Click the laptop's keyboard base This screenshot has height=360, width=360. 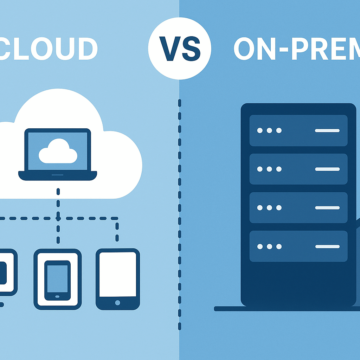(58, 175)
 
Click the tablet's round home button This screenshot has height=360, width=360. (117, 302)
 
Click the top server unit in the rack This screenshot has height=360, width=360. (298, 130)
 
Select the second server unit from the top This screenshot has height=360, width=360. (298, 169)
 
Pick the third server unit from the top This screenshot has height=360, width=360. (298, 208)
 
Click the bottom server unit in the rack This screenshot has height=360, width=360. (298, 246)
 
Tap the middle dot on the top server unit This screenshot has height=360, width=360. (269, 130)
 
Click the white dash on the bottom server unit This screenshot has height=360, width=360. (327, 246)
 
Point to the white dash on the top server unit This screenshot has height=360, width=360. (327, 130)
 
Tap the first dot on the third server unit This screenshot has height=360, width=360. (260, 208)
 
